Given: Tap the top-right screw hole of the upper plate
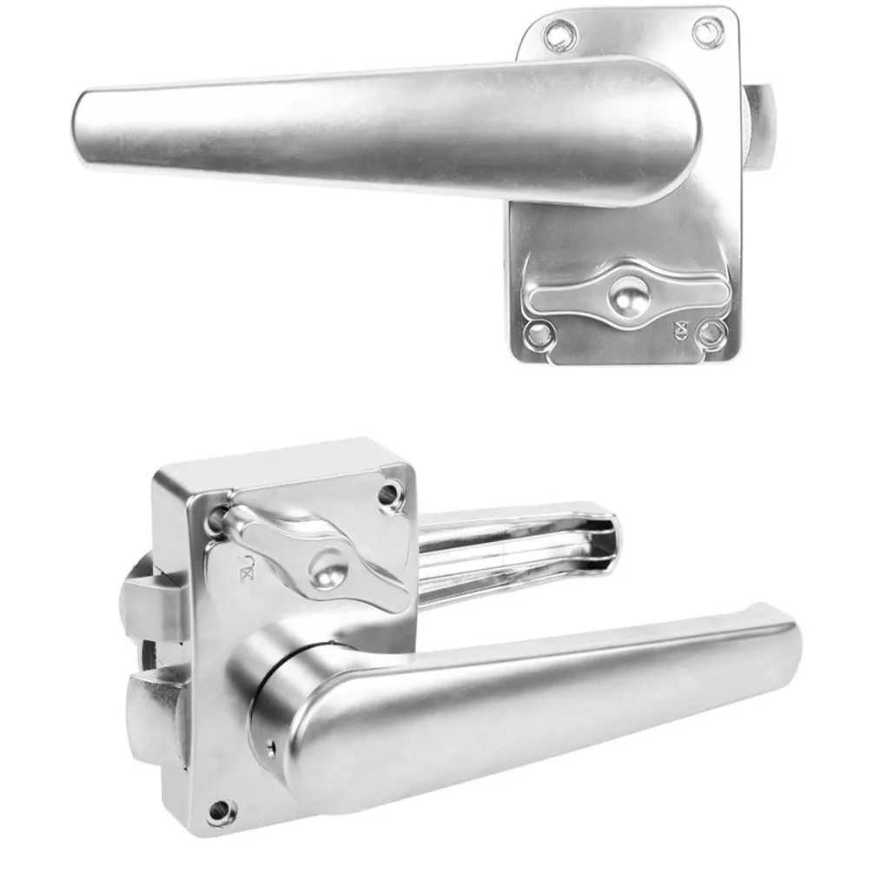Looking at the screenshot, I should [x=708, y=30].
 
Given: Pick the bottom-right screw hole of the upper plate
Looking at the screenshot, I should [x=711, y=333].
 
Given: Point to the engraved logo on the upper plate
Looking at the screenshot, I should [x=681, y=329].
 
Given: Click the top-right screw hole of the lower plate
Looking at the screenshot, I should [x=390, y=496].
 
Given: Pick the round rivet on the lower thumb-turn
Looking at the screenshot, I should [x=327, y=573].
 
